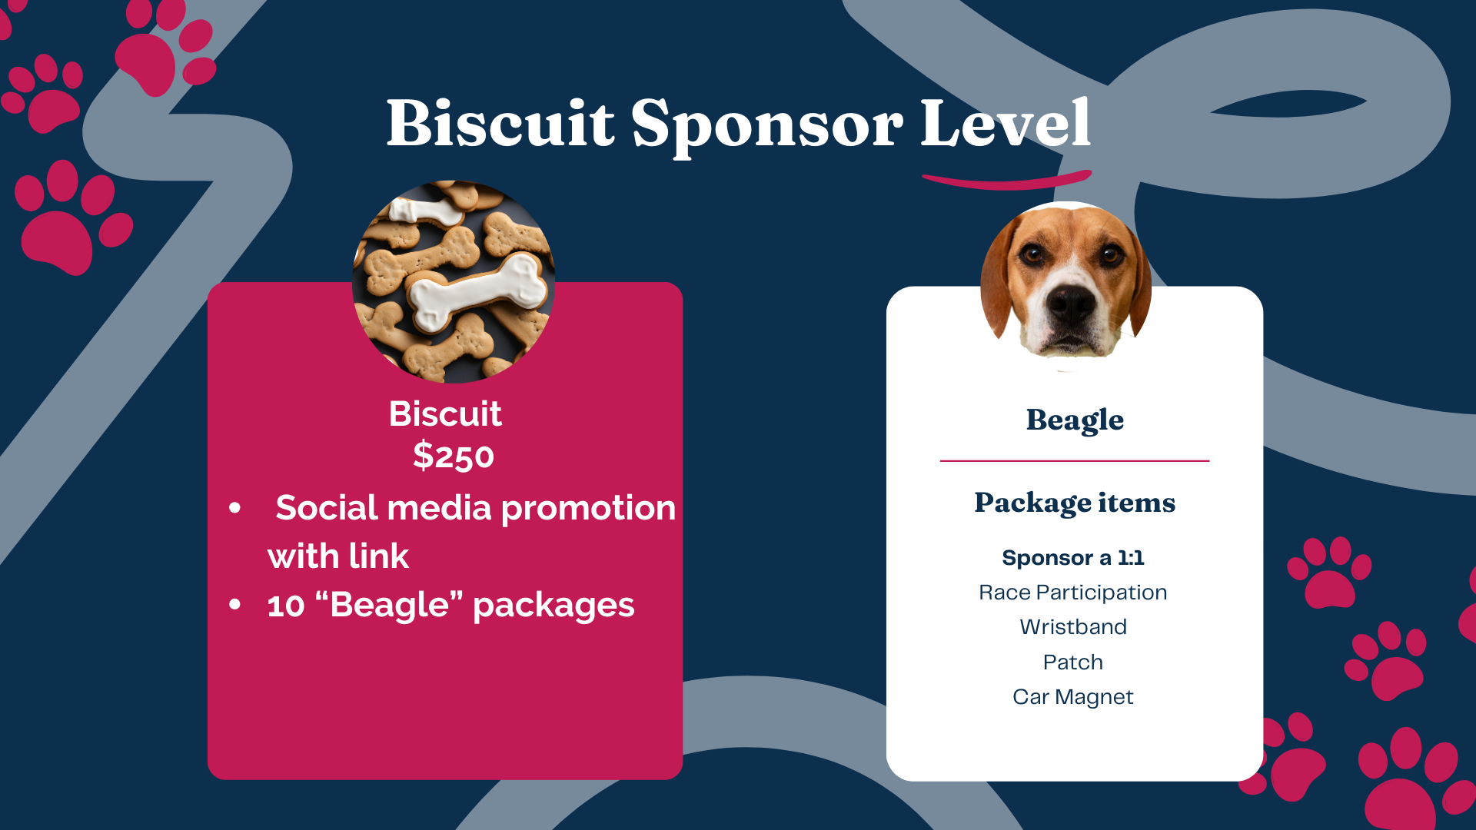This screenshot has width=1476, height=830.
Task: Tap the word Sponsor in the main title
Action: (767, 127)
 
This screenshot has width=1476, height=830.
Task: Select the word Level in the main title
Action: (1006, 122)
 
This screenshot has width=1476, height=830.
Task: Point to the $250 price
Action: (454, 456)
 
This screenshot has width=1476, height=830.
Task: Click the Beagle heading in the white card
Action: (1075, 420)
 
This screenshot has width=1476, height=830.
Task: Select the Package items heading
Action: (1075, 503)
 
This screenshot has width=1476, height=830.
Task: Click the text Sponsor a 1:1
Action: (1073, 557)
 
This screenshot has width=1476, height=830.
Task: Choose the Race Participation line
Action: (1073, 593)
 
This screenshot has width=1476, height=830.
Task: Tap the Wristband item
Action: (1073, 627)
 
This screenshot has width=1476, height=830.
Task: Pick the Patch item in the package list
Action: (1073, 662)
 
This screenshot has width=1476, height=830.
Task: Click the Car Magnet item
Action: (1073, 697)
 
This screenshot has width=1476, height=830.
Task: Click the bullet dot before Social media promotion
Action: (235, 508)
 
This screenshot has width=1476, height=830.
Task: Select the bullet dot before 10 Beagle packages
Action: (235, 605)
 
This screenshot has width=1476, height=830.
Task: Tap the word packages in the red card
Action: (553, 606)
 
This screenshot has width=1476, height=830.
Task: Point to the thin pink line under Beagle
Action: (1075, 461)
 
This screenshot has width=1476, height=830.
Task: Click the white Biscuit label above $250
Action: (446, 413)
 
